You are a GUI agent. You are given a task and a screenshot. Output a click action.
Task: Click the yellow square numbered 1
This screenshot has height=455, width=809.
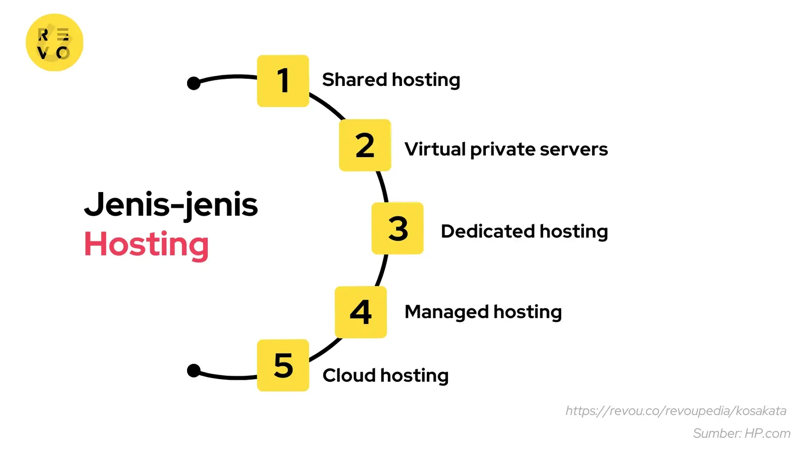[283, 81]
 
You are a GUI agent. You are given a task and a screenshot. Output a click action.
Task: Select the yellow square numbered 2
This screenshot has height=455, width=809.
[365, 145]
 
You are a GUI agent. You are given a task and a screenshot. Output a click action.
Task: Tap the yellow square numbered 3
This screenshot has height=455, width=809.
[397, 228]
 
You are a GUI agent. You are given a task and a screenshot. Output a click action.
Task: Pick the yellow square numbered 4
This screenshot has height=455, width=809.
[361, 312]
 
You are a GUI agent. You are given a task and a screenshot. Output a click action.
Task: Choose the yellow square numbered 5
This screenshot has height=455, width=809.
[283, 365]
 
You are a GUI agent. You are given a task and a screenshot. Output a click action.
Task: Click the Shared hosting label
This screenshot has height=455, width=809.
[391, 80]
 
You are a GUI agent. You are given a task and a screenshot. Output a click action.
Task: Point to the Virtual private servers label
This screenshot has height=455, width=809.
[506, 149]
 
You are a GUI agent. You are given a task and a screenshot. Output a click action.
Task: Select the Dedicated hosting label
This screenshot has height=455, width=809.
[524, 231]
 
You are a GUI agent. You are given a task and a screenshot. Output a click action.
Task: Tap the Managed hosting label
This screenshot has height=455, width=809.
[483, 312]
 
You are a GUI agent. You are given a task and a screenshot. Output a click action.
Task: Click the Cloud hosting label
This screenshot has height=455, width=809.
[385, 376]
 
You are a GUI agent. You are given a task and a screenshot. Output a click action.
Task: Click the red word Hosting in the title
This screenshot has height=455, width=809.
[146, 245]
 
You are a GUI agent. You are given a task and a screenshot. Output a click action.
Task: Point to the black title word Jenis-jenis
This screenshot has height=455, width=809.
[171, 205]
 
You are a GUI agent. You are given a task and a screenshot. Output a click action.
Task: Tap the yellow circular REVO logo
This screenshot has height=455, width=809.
[54, 42]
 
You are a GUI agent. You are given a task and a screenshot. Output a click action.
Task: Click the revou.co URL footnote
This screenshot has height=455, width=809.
[676, 411]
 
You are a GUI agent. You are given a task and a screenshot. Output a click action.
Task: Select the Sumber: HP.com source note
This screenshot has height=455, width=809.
[741, 433]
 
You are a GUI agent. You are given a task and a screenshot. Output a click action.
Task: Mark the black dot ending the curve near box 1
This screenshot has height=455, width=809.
[194, 83]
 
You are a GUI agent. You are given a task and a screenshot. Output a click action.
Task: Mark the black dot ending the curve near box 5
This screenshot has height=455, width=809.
[194, 371]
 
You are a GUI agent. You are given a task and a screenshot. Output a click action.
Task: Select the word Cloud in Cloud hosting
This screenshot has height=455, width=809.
[349, 376]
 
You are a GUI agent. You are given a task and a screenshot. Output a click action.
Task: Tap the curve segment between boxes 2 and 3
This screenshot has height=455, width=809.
[383, 187]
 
